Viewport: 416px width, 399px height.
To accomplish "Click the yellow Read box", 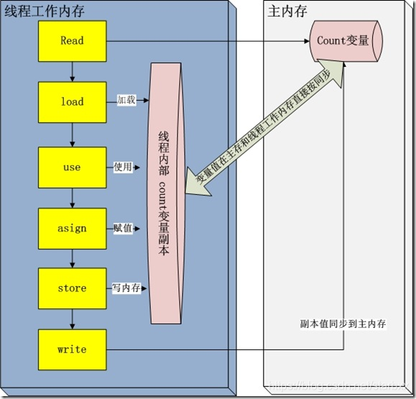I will pyautogui.click(x=72, y=41).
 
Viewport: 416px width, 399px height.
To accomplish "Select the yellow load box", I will pyautogui.click(x=72, y=102).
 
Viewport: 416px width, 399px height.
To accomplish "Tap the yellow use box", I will pyautogui.click(x=72, y=168).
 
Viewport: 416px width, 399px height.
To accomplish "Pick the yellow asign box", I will pyautogui.click(x=72, y=229).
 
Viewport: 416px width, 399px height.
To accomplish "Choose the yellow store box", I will pyautogui.click(x=72, y=288).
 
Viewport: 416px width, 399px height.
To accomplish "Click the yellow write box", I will pyautogui.click(x=72, y=349).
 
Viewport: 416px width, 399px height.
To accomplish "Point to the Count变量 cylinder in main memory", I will pyautogui.click(x=343, y=41).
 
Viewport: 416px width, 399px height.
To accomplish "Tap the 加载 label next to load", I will pyautogui.click(x=126, y=101).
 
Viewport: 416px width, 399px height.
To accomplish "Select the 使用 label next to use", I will pyautogui.click(x=123, y=167).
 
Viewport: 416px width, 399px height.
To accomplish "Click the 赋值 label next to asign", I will pyautogui.click(x=123, y=228).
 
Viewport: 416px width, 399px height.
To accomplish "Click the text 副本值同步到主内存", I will pyautogui.click(x=343, y=324).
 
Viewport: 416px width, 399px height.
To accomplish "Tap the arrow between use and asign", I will pyautogui.click(x=73, y=198).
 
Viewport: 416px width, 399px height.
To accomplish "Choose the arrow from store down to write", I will pyautogui.click(x=73, y=318).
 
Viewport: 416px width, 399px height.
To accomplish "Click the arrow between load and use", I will pyautogui.click(x=73, y=134).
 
